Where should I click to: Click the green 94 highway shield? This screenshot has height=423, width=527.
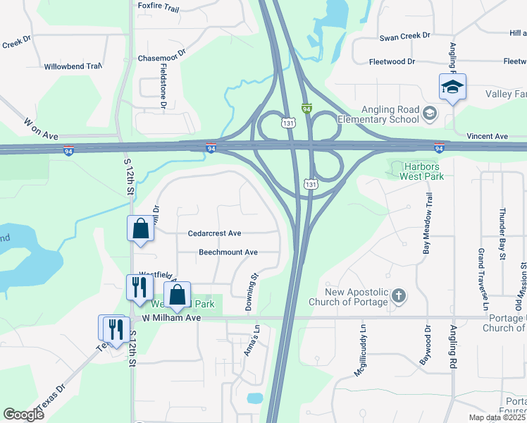coord(306,109)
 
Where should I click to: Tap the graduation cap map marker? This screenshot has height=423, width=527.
coord(452,87)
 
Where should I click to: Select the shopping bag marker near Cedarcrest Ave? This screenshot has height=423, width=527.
coord(140,228)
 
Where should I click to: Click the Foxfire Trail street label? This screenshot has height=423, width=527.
coord(160,5)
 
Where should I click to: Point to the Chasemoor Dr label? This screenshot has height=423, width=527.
coord(162,53)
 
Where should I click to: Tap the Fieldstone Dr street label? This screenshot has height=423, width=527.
coord(163,85)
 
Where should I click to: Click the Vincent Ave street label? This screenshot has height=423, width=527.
coord(487,136)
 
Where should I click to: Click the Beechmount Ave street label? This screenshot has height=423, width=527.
coord(228,252)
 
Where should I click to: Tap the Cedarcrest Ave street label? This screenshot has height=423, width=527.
coord(215,233)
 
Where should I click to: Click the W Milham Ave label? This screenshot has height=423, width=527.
coord(172,318)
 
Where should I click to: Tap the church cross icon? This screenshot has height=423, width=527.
coord(398,296)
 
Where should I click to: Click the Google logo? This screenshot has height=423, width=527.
coord(24,415)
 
